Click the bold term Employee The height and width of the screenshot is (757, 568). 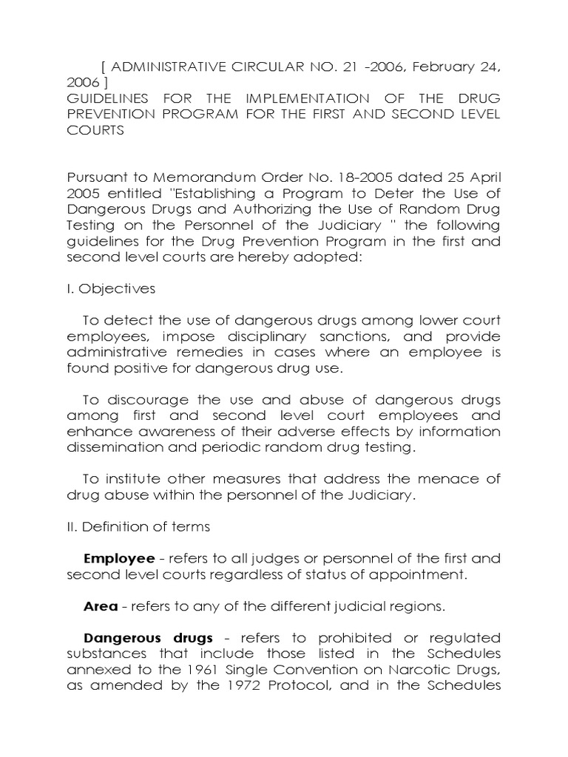(x=119, y=558)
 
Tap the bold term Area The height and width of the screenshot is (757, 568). (x=101, y=606)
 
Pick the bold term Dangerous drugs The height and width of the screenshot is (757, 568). (x=149, y=637)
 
